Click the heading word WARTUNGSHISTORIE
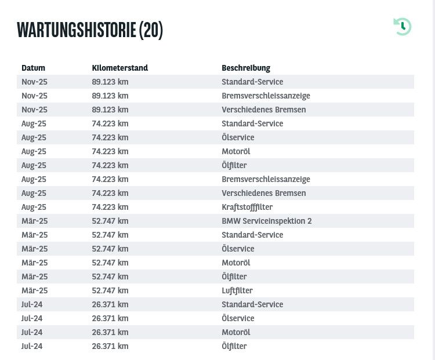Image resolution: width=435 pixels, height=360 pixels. coord(77,30)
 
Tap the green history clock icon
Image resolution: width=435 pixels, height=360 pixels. coord(403,26)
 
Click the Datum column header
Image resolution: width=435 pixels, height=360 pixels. coord(33,68)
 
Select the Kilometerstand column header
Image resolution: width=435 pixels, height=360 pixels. coord(120,68)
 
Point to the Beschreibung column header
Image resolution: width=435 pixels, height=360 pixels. coord(246,68)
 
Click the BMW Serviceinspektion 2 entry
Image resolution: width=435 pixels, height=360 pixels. coord(267,221)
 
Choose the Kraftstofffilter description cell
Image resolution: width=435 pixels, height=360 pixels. coord(247,207)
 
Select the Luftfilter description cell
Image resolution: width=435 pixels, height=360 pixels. coord(237,290)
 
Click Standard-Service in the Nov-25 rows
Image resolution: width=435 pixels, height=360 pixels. coord(252,82)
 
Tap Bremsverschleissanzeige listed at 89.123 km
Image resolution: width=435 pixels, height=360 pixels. coord(266,96)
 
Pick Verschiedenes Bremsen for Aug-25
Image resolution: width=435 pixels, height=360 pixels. coord(263,193)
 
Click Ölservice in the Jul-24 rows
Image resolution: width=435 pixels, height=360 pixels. coord(238,318)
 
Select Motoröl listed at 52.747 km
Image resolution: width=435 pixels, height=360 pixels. coord(235,263)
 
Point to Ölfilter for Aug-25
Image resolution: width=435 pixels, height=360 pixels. coord(234,165)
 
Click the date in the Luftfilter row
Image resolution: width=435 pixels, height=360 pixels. coord(34,290)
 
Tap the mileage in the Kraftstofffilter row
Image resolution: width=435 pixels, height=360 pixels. coord(110,207)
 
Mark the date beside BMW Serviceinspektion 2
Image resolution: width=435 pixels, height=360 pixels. coord(34,221)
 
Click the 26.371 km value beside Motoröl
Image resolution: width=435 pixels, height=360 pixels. coord(110,332)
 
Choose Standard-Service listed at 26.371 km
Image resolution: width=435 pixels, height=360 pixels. coord(252,304)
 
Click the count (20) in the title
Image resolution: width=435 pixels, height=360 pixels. coord(151,30)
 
